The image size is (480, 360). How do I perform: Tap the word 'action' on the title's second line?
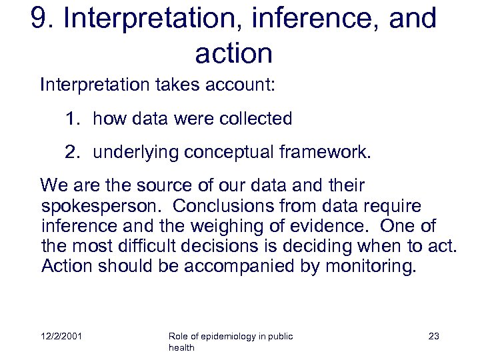click(x=233, y=53)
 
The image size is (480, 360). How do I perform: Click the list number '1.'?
click(x=73, y=119)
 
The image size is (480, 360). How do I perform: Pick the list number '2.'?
click(x=73, y=152)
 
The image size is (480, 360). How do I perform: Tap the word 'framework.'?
click(x=324, y=152)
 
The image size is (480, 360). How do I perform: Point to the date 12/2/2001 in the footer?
click(x=61, y=337)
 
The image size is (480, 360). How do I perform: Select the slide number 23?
click(x=433, y=337)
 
